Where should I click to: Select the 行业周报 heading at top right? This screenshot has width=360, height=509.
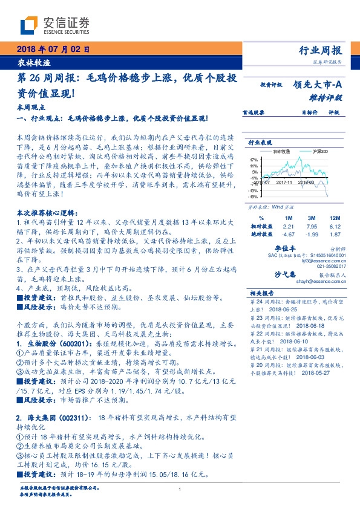(x=321, y=51)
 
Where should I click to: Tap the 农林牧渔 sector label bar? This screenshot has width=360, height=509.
(x=34, y=63)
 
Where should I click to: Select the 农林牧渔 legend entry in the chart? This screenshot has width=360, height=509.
(x=280, y=151)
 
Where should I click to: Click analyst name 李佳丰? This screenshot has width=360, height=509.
(x=284, y=248)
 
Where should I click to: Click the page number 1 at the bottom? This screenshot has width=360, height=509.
(x=181, y=490)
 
